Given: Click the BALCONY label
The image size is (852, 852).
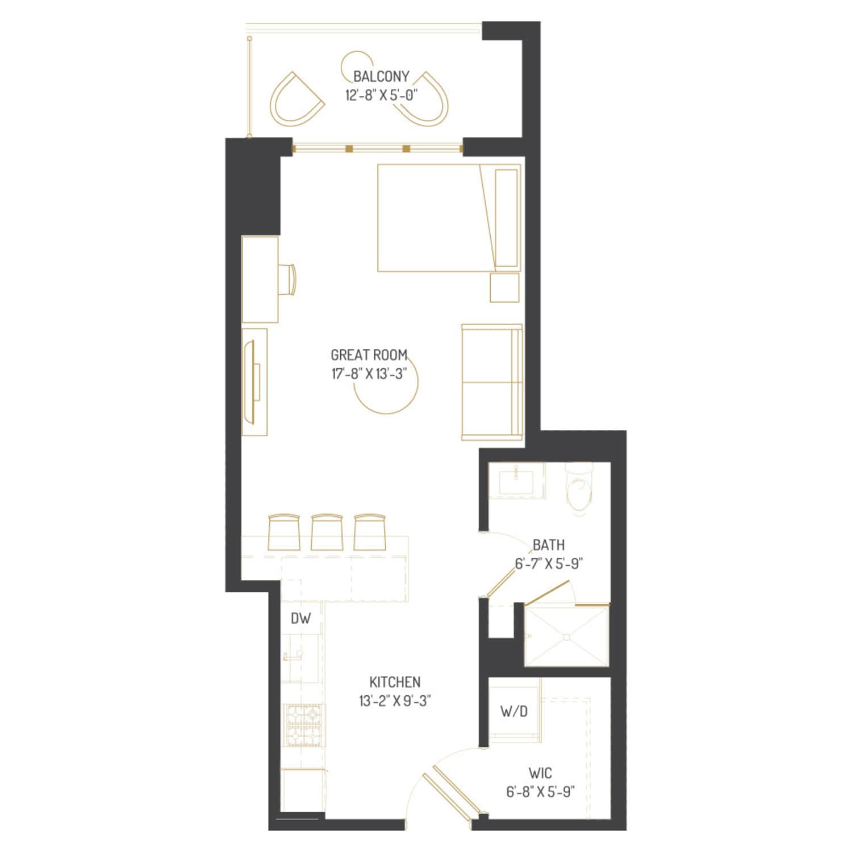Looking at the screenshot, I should (381, 76).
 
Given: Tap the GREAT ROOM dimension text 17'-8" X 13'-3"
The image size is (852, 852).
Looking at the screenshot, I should (370, 374).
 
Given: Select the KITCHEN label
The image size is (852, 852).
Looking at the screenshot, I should (395, 682).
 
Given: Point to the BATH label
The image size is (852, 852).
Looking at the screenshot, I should (549, 545).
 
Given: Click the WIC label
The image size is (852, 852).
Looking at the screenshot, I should (540, 773).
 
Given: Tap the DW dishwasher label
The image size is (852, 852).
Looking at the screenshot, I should (300, 619).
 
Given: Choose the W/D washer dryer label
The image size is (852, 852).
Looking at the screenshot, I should (514, 711).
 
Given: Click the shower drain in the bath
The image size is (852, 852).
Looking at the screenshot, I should (566, 637).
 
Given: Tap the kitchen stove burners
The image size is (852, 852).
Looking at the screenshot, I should (304, 725).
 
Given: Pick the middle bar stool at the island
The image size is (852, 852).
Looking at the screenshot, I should (327, 532).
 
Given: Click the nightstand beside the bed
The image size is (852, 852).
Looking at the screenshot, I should (504, 287).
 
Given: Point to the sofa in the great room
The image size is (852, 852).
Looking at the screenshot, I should (492, 382).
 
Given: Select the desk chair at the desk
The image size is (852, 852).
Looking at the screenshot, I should (290, 279).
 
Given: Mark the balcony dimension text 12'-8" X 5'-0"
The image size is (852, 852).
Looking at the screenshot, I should (381, 95).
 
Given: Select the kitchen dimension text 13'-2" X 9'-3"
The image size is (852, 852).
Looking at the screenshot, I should (395, 701).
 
